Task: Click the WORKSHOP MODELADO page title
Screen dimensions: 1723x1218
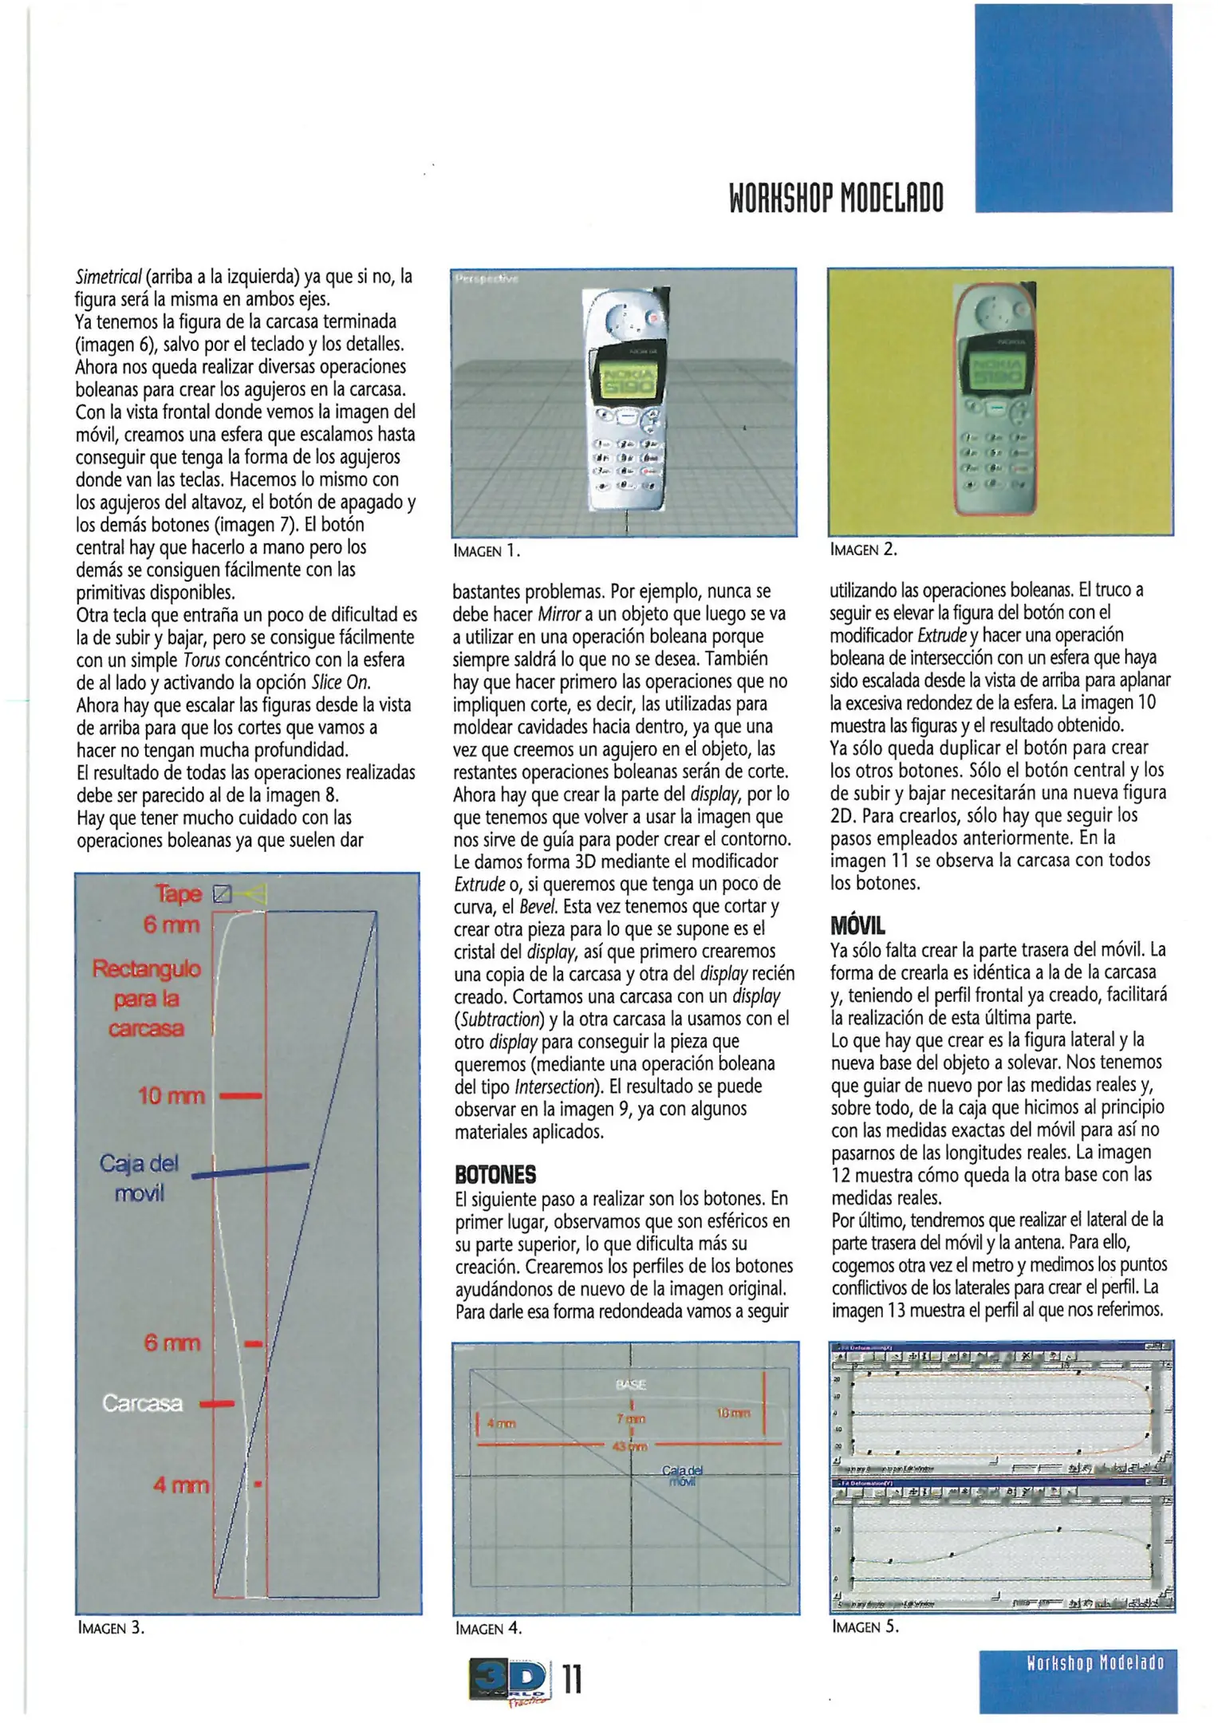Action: [836, 198]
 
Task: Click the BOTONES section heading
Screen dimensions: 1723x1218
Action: [495, 1174]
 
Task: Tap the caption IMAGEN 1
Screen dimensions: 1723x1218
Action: [486, 550]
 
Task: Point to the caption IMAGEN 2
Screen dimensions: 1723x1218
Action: [863, 550]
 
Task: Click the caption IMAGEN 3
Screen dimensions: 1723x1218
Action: [111, 1627]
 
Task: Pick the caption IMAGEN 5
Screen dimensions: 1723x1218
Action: [865, 1626]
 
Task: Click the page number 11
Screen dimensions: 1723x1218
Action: [572, 1680]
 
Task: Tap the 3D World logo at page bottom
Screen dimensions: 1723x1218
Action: [510, 1680]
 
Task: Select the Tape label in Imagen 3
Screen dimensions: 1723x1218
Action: [179, 893]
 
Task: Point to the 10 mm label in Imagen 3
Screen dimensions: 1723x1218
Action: [171, 1096]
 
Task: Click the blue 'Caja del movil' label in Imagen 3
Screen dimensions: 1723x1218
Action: [139, 1177]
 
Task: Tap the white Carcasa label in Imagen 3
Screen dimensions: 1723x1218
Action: [142, 1403]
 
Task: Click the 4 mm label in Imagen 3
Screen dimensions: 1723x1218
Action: [181, 1484]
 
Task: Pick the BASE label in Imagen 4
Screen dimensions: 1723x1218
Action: [630, 1385]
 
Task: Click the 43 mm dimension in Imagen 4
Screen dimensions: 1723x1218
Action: [630, 1446]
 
